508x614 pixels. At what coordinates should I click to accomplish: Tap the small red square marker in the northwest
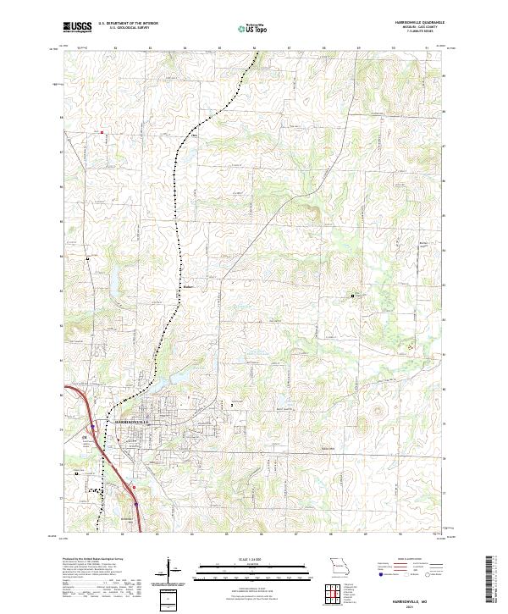coord(101,132)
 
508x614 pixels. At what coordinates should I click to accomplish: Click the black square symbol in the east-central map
coord(353,296)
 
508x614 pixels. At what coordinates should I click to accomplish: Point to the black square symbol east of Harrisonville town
coord(233,405)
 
